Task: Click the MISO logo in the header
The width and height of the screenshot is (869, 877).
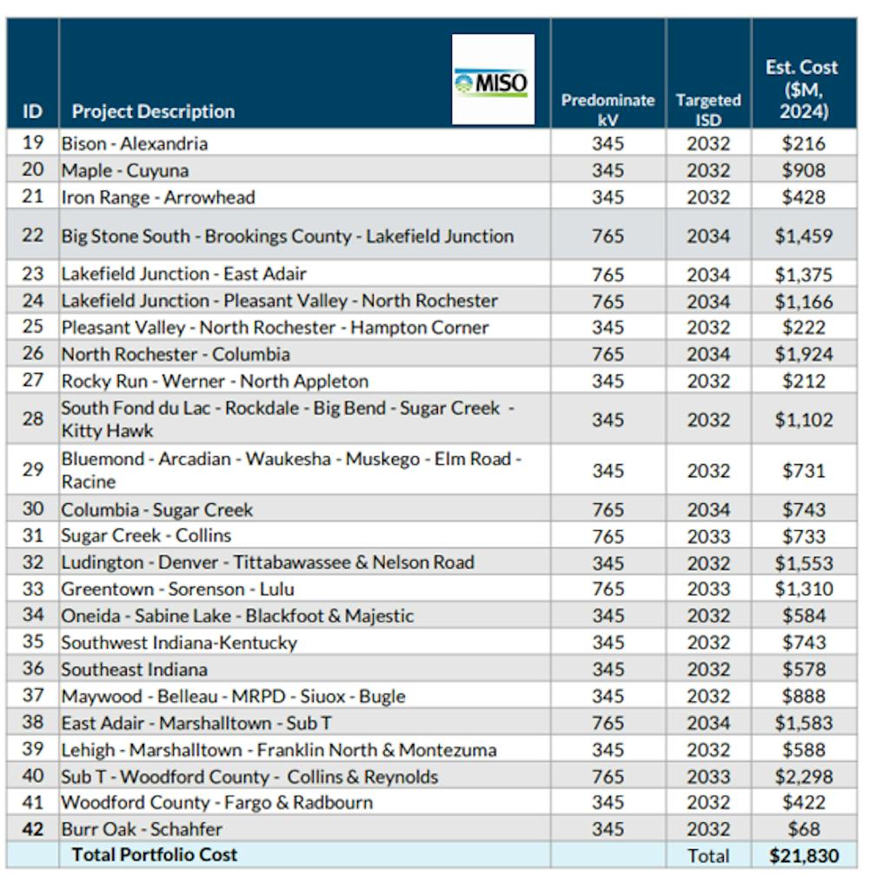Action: click(x=493, y=79)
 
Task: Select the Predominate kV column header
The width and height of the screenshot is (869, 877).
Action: click(x=607, y=110)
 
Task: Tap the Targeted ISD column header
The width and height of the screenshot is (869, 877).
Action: click(x=708, y=110)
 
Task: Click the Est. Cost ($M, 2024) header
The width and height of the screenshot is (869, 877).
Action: click(x=802, y=90)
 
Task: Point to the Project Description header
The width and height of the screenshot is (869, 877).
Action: click(x=153, y=111)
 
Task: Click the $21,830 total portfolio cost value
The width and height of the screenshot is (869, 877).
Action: click(x=804, y=856)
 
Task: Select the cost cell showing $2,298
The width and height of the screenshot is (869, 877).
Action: click(x=804, y=776)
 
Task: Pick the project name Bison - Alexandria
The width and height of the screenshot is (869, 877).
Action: click(x=134, y=143)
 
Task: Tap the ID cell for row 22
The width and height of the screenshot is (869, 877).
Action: click(x=32, y=235)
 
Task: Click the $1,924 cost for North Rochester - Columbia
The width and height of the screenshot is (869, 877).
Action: click(x=804, y=354)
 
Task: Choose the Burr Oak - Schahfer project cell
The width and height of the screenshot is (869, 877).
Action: click(x=142, y=829)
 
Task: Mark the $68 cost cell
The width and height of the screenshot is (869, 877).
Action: click(x=804, y=829)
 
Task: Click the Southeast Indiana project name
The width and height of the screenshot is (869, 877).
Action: click(x=134, y=669)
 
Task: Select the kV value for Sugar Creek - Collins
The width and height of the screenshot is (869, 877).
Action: click(x=607, y=536)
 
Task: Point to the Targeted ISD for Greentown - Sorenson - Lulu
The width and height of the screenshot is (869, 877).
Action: click(x=708, y=589)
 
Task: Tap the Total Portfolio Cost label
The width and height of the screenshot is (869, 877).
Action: click(x=155, y=854)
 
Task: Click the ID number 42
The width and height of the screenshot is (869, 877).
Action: click(x=32, y=829)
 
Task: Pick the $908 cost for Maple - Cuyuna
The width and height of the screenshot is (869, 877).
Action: click(x=804, y=170)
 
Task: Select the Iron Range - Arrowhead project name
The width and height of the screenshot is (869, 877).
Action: click(x=158, y=197)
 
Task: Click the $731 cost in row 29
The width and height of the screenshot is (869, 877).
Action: click(x=804, y=470)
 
